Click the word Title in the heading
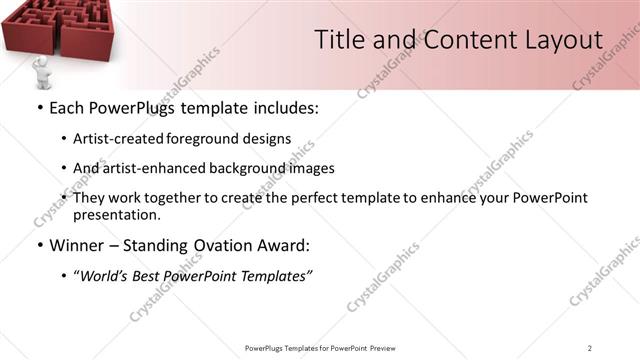coord(339,40)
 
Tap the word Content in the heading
coord(459,40)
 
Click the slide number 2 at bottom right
coord(590,347)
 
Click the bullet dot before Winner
coord(39,245)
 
